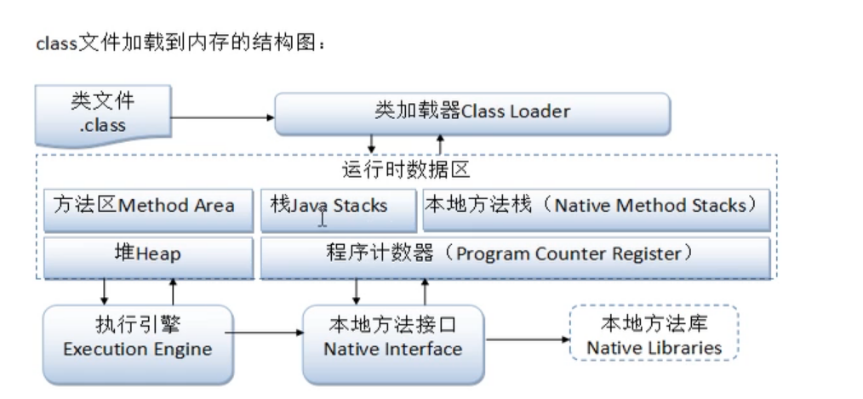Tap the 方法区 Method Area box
click(x=149, y=207)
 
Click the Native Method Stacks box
click(x=597, y=207)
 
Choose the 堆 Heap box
click(x=149, y=255)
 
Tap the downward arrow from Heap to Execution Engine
click(x=105, y=291)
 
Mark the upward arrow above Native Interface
click(x=424, y=291)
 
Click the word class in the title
click(x=56, y=44)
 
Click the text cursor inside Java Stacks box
click(x=323, y=219)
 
